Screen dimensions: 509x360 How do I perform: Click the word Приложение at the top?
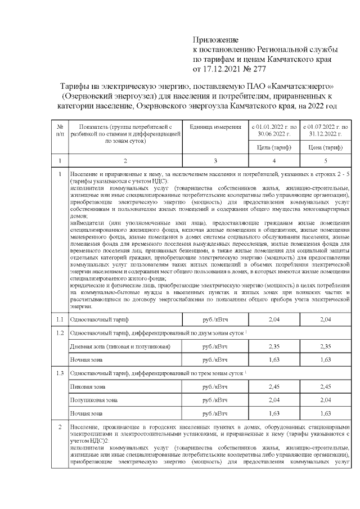coord(216,39)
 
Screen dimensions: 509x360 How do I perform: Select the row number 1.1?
coord(60,319)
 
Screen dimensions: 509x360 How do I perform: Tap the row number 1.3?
coord(60,373)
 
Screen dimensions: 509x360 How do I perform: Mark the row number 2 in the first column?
coord(60,428)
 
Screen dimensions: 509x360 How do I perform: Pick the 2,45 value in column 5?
coord(325,386)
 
